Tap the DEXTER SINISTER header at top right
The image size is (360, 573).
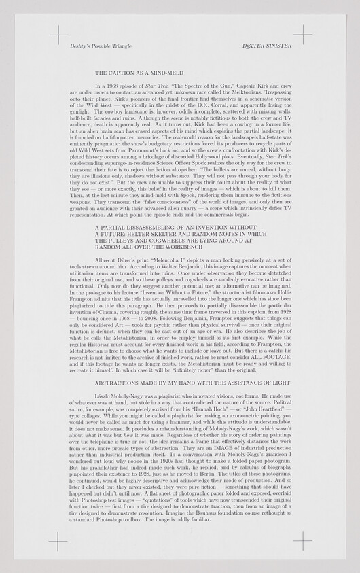click(271, 46)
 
